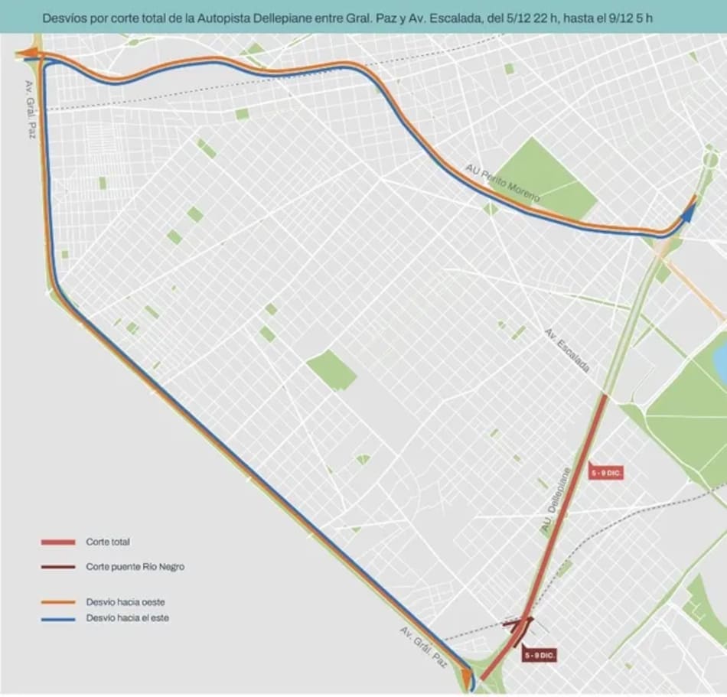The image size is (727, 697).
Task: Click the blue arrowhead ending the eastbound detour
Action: pyautogui.click(x=687, y=213)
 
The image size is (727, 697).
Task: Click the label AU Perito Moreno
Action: pyautogui.click(x=502, y=183)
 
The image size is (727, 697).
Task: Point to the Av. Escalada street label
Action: pyautogui.click(x=567, y=351)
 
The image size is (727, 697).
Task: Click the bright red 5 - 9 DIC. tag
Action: pyautogui.click(x=606, y=474)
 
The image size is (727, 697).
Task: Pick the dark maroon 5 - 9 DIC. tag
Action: pyautogui.click(x=540, y=656)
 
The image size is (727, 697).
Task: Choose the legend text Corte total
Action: pyautogui.click(x=108, y=542)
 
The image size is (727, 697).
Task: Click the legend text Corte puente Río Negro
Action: pyautogui.click(x=135, y=567)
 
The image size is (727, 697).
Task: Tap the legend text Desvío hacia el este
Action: pyautogui.click(x=128, y=618)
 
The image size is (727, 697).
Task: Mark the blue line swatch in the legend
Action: pyautogui.click(x=58, y=618)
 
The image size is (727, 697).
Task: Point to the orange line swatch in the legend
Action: pyautogui.click(x=58, y=601)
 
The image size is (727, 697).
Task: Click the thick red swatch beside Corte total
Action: pyautogui.click(x=58, y=542)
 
